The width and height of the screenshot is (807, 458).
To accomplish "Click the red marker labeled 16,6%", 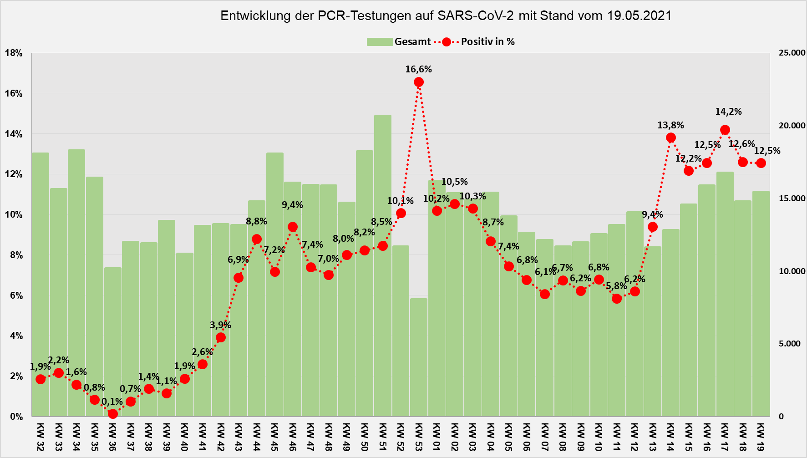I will (419, 82).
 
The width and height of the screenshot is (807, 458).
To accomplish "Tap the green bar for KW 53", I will (419, 360).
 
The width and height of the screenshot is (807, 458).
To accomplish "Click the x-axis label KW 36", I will (112, 437).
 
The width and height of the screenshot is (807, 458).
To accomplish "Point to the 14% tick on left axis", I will (14, 134).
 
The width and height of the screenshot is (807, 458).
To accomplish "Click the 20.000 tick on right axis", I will (792, 126).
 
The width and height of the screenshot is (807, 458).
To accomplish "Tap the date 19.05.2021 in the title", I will (639, 16).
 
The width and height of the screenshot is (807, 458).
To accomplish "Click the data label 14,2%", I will (728, 112).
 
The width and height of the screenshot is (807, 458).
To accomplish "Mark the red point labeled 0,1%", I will (112, 413).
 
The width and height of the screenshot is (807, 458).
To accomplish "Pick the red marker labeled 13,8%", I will (671, 137).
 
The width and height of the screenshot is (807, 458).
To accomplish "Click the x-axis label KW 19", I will (761, 437).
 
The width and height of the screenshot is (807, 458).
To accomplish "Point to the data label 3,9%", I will (220, 325).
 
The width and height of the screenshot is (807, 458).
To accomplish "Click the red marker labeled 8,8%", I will (257, 239).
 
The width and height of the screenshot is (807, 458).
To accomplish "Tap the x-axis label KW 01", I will (436, 437).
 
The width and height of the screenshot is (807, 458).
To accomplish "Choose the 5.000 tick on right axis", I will (792, 344).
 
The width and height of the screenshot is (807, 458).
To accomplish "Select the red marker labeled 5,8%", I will (617, 299).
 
